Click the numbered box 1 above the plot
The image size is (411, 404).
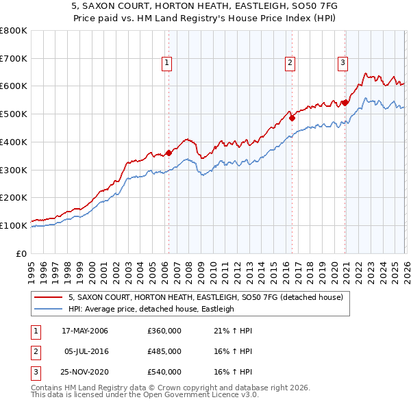(x=168, y=63)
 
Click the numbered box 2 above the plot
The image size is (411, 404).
(x=290, y=63)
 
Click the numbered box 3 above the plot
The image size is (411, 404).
(x=342, y=63)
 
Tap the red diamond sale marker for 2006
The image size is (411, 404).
(x=169, y=153)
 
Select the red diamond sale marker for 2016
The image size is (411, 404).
(x=292, y=118)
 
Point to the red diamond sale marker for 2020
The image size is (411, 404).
(x=345, y=103)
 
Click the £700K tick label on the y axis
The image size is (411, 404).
(x=14, y=58)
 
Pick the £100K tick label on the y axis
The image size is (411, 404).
(x=14, y=225)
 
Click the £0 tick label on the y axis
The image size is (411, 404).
(x=22, y=253)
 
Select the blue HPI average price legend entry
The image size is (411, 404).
(x=151, y=309)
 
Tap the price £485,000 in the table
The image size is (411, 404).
(x=164, y=351)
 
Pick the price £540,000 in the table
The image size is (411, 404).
(x=164, y=372)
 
